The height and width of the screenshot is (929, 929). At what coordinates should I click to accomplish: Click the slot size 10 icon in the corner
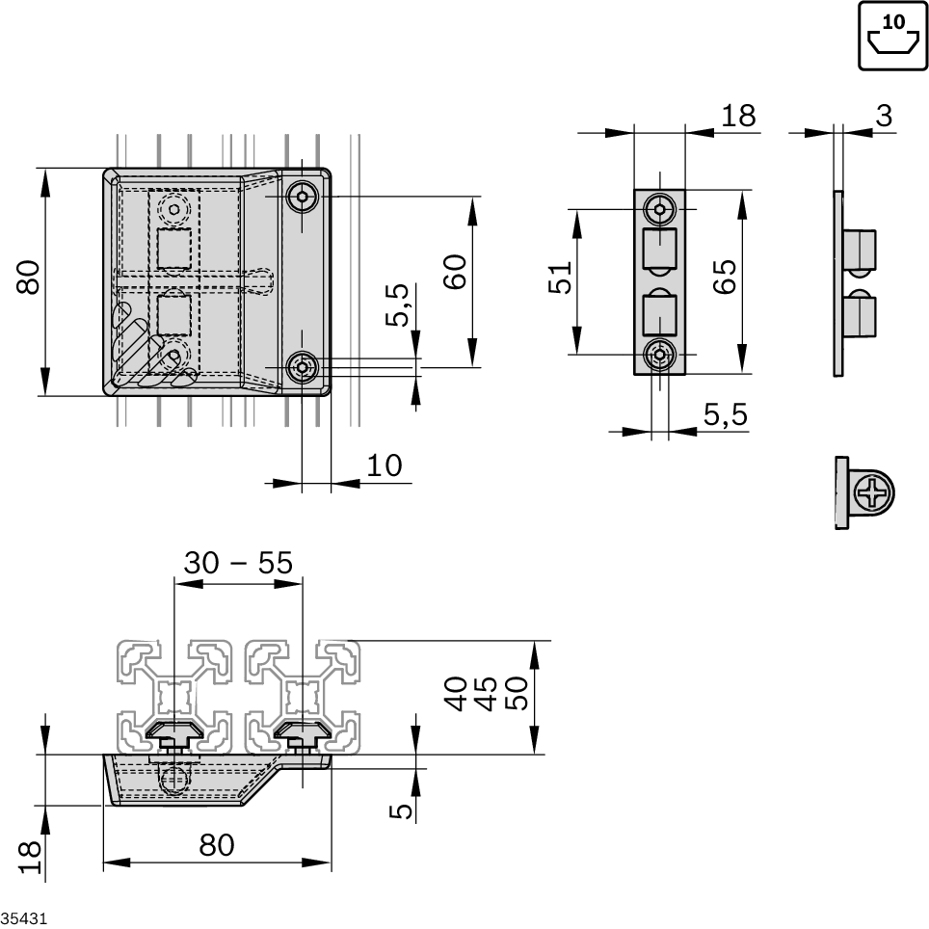pos(893,36)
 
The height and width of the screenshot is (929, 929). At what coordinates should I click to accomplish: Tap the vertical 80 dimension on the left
pos(28,279)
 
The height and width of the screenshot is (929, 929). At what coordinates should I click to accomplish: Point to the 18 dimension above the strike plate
pos(738,116)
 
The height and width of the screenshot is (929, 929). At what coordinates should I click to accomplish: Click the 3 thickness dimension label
pos(883,116)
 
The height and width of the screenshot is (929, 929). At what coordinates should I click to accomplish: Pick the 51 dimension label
pos(561,278)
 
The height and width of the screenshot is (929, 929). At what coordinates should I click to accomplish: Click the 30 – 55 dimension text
pos(237,563)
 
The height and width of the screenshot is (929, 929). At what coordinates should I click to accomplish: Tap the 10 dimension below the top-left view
pos(384,465)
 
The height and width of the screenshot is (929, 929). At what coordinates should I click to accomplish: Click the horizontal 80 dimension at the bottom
pos(217,845)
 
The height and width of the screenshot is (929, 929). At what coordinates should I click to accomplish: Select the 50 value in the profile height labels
pos(518,693)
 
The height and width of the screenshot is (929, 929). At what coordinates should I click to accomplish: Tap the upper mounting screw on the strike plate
pos(660,208)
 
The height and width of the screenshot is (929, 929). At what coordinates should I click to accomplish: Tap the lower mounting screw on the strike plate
pos(660,355)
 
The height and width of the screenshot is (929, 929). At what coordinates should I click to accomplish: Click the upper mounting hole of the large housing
pos(303,198)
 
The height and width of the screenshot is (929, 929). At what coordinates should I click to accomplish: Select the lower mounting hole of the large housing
pos(303,366)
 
